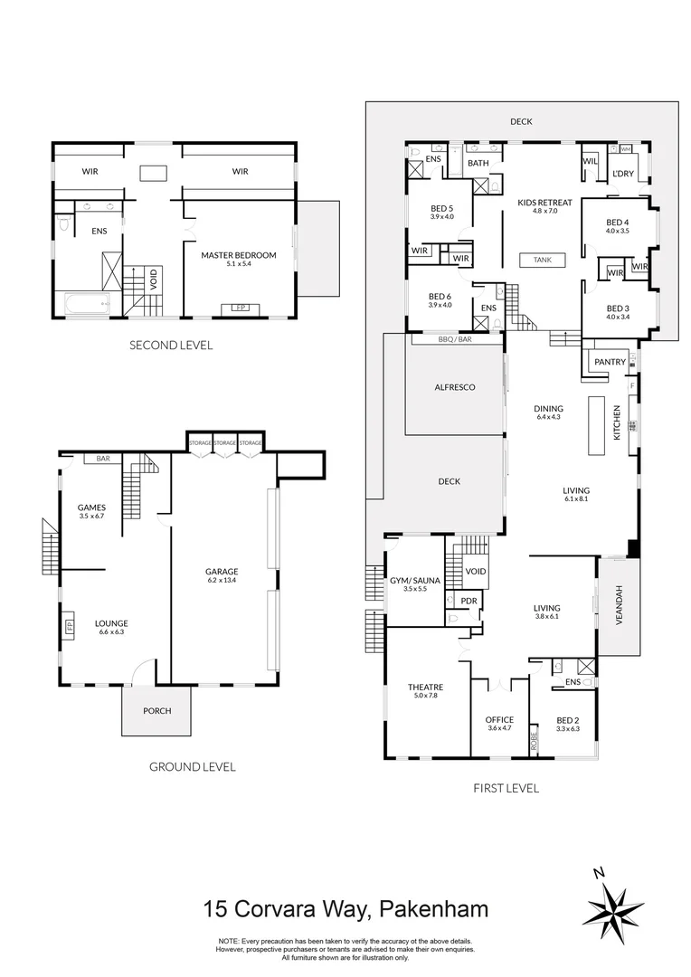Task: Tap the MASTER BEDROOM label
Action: click(x=238, y=255)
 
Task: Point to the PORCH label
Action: click(x=157, y=710)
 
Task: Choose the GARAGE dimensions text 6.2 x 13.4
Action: click(x=222, y=580)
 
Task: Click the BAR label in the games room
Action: click(x=103, y=459)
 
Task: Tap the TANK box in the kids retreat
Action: click(x=543, y=260)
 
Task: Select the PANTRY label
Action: click(x=610, y=362)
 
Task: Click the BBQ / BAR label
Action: click(x=455, y=339)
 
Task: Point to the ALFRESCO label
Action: click(x=455, y=387)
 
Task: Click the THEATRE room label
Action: click(x=426, y=688)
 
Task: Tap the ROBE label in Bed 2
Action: click(x=534, y=740)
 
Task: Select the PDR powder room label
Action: click(x=469, y=601)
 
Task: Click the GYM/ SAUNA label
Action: click(x=415, y=581)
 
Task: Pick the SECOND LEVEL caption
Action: click(x=171, y=345)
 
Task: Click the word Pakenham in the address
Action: click(x=433, y=909)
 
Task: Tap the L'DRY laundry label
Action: click(x=622, y=173)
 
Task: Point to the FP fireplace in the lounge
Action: click(x=69, y=625)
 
